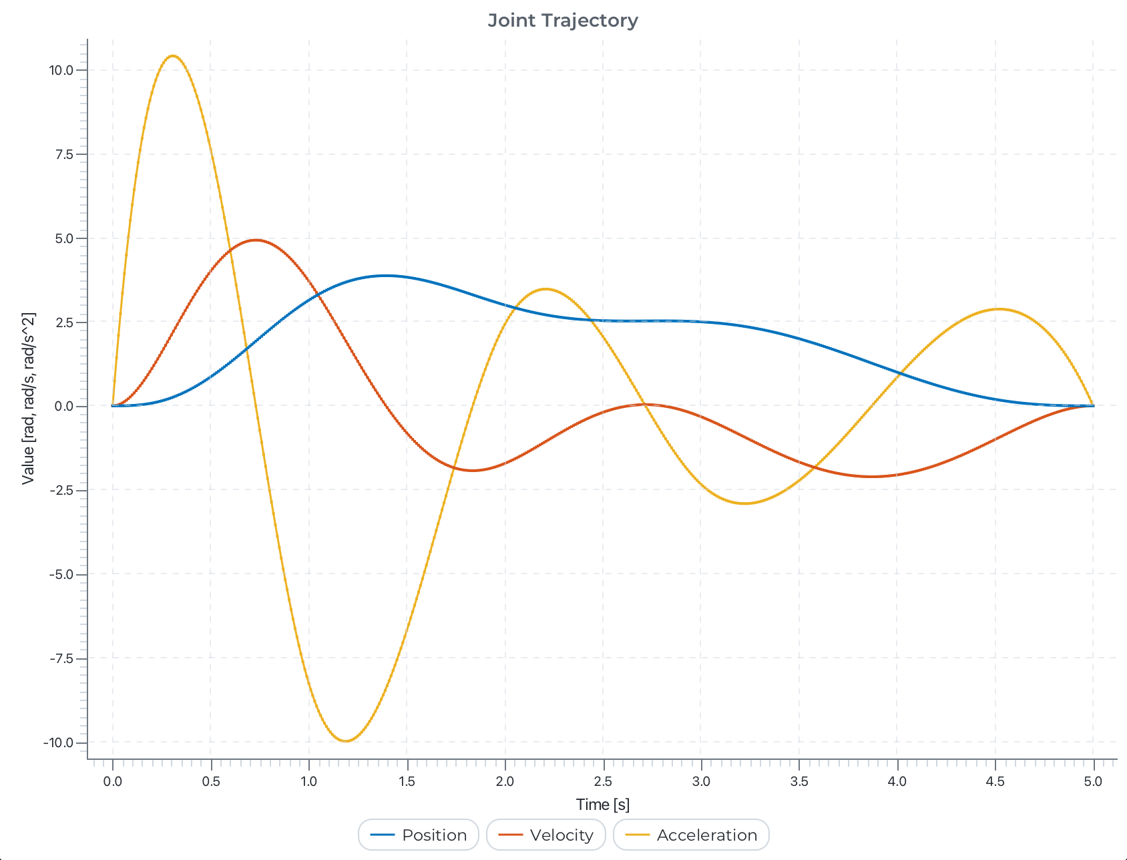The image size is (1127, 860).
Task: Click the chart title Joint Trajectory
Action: coord(563,21)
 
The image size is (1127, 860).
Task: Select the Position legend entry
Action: coord(419,835)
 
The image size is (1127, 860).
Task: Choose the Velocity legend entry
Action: coord(546,835)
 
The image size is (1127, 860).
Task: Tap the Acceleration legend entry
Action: coord(691,835)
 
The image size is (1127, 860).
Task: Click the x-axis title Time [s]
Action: coord(602,805)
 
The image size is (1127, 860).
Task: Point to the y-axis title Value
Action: coord(28,398)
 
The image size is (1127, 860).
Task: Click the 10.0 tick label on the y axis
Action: coord(61,70)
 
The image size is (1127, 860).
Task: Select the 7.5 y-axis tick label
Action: coord(63,154)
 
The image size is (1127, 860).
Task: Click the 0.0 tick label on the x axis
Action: coord(113,781)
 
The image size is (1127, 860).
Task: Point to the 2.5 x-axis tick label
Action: coord(603,781)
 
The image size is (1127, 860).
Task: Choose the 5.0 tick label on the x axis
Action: coord(1093,781)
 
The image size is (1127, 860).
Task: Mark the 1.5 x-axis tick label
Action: coord(407,781)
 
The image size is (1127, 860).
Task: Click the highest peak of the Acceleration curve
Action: coord(173,56)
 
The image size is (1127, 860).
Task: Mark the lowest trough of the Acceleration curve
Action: coord(345,740)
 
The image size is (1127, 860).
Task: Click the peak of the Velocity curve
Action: coord(256,240)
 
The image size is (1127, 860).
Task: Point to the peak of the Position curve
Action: coord(385,275)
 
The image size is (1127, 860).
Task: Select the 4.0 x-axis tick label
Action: coord(897,781)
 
